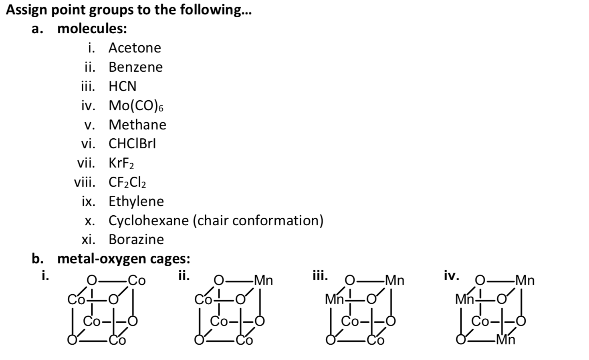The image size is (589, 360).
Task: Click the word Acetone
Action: (x=135, y=48)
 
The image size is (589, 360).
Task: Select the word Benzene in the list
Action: (x=135, y=67)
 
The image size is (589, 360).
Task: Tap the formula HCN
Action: (x=122, y=86)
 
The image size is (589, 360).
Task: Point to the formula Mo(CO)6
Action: (x=136, y=105)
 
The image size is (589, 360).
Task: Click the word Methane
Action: (x=137, y=125)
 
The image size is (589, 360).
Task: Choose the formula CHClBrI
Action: (x=132, y=144)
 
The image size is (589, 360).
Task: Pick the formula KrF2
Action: (x=121, y=163)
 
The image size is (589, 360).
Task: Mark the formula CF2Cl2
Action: (x=127, y=182)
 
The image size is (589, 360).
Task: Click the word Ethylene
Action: (x=136, y=201)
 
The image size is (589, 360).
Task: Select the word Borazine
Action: (x=136, y=239)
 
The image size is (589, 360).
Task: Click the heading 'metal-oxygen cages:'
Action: (x=124, y=259)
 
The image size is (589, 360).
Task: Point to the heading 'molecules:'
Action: (x=92, y=29)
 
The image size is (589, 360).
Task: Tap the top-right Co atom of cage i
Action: (x=136, y=280)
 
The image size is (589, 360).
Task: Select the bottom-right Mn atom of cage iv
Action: (x=505, y=340)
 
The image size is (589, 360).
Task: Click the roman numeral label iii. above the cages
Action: (x=320, y=276)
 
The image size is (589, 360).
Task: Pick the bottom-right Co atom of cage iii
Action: (x=375, y=340)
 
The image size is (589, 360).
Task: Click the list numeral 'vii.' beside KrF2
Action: (x=86, y=163)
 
